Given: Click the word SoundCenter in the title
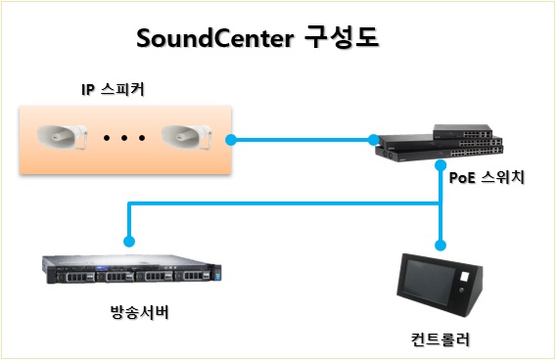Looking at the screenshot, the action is [215, 38].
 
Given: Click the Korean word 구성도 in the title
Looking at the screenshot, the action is [342, 37].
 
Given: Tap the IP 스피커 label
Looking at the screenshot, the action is [113, 89].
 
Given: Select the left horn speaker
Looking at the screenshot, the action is [63, 137].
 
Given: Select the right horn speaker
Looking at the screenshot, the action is [187, 137].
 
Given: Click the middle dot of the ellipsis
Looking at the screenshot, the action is [124, 138].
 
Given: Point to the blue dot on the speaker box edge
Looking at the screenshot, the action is [231, 140].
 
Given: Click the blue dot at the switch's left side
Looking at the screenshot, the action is [373, 140].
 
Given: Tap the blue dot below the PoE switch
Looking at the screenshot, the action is [440, 165].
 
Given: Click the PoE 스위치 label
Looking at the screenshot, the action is [486, 177].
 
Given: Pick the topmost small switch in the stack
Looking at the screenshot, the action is [463, 131].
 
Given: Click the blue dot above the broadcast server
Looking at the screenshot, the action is [129, 242].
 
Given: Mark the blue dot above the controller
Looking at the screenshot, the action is [440, 246].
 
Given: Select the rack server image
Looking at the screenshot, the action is [132, 269].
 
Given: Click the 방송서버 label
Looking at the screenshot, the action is [140, 312].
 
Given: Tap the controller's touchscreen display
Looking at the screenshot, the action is [429, 282].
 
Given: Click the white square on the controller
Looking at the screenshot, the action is [465, 276].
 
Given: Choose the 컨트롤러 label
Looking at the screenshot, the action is [440, 339].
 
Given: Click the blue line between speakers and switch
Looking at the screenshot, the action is [302, 140].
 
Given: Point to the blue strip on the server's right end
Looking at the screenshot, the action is [216, 274].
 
